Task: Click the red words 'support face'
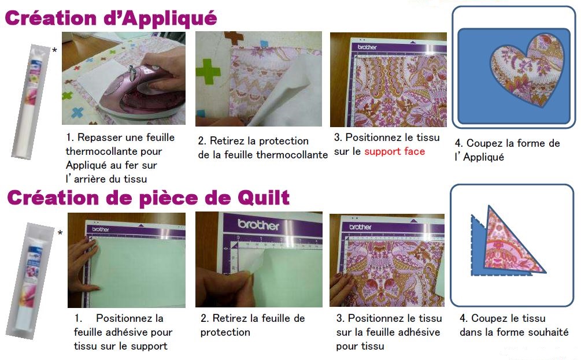click(x=394, y=151)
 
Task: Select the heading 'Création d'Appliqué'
click(x=111, y=18)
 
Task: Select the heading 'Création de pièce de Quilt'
click(x=148, y=198)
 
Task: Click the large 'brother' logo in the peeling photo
click(x=258, y=225)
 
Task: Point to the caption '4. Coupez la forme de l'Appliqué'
click(x=507, y=150)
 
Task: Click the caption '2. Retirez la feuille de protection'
click(x=253, y=325)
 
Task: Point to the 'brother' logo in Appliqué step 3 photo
click(x=367, y=46)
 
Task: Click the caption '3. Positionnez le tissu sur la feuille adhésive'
click(x=388, y=332)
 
